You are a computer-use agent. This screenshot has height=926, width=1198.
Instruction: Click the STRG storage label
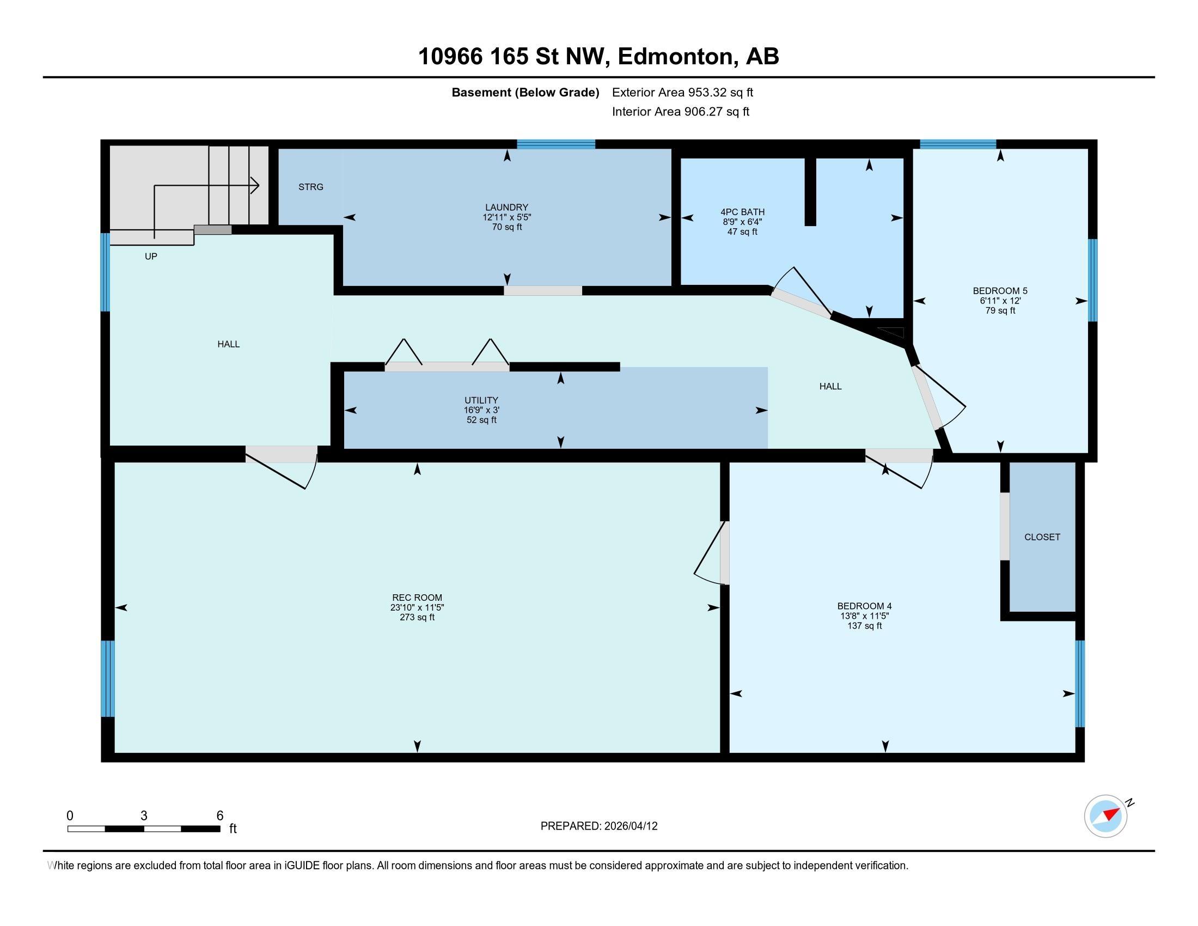point(310,187)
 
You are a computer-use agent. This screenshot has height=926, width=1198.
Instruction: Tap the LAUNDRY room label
point(506,208)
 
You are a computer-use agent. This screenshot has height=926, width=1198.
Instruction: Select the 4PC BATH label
point(742,212)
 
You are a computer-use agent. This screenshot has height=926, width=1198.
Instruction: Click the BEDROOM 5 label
point(1000,291)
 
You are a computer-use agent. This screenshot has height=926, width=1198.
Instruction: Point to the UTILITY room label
point(481,400)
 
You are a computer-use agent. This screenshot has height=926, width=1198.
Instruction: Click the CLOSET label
point(1042,537)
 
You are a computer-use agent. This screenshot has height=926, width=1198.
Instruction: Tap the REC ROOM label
point(417,598)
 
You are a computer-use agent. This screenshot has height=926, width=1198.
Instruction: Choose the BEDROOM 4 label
point(865,606)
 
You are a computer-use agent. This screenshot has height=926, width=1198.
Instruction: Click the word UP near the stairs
point(151,256)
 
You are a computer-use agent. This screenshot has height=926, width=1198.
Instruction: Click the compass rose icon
point(1106,816)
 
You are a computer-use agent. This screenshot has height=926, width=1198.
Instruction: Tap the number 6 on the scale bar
point(219,815)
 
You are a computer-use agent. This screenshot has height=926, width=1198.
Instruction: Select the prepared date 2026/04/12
point(629,826)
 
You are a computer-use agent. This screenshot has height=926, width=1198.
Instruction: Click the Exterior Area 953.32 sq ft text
point(682,92)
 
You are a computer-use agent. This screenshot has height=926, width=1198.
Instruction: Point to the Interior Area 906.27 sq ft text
point(680,111)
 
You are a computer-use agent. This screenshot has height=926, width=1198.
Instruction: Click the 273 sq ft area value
point(417,617)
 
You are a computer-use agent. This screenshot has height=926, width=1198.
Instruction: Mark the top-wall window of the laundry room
point(556,144)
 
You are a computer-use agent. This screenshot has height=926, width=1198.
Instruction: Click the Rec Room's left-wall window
point(108,679)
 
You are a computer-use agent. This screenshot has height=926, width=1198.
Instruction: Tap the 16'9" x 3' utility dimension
point(481,410)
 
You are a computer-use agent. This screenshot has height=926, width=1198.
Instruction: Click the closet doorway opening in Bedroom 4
point(1004,527)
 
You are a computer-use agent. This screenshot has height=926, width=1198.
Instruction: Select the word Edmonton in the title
point(676,57)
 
